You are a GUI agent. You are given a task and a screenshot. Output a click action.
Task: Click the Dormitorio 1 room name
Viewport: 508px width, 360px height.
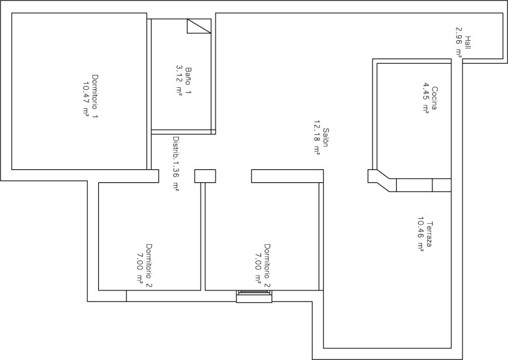click(95, 96)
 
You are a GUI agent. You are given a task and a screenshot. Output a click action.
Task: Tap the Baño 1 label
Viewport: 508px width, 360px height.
click(188, 81)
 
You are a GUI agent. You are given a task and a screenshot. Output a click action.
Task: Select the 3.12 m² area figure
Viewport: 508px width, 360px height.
click(179, 81)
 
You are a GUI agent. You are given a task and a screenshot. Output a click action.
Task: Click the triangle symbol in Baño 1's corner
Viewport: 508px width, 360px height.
click(199, 26)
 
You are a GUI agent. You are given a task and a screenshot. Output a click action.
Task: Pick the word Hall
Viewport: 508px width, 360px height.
click(468, 42)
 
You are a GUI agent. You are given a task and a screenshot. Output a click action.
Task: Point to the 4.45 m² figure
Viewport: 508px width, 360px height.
click(426, 98)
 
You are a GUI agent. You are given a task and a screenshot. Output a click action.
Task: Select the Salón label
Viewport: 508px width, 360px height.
click(326, 137)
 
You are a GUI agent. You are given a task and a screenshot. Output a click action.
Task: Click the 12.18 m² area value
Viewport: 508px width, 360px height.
click(317, 137)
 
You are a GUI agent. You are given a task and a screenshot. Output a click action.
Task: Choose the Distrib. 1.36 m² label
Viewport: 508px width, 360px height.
click(176, 164)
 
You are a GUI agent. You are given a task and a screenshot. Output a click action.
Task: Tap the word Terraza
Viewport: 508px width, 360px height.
click(430, 234)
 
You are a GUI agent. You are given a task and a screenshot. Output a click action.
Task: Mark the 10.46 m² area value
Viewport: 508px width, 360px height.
click(421, 234)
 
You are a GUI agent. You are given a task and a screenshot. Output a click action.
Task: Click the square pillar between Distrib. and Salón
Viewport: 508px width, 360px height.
click(205, 176)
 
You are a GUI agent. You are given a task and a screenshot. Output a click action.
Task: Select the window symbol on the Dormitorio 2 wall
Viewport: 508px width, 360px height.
click(254, 296)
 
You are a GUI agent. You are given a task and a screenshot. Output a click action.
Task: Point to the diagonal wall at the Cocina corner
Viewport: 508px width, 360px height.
click(382, 180)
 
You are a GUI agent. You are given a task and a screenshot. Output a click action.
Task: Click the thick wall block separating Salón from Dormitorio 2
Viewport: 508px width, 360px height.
click(287, 176)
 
